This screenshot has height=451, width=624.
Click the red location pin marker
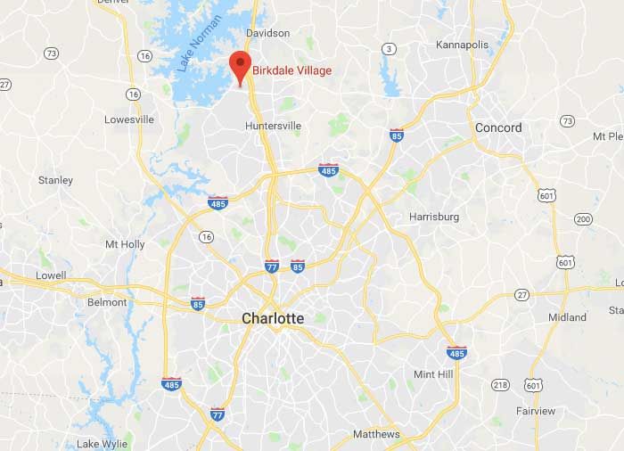tap(239, 66)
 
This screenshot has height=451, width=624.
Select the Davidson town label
tap(267, 33)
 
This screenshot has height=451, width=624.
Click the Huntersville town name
tap(273, 127)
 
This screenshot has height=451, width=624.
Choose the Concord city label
tap(498, 127)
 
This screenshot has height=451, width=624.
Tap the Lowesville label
tap(129, 119)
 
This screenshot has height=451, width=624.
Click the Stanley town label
tap(55, 180)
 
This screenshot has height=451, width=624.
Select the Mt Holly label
tap(125, 244)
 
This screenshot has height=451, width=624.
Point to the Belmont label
tap(107, 302)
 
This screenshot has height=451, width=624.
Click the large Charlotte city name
tap(273, 318)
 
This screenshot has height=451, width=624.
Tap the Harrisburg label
tap(434, 217)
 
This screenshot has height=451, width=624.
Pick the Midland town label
tap(567, 317)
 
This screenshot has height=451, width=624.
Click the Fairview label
tap(535, 411)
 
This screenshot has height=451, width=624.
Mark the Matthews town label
tap(376, 435)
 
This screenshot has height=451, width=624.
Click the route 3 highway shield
tap(389, 48)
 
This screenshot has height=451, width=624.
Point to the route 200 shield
tap(583, 218)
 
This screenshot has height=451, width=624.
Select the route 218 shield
tap(501, 384)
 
